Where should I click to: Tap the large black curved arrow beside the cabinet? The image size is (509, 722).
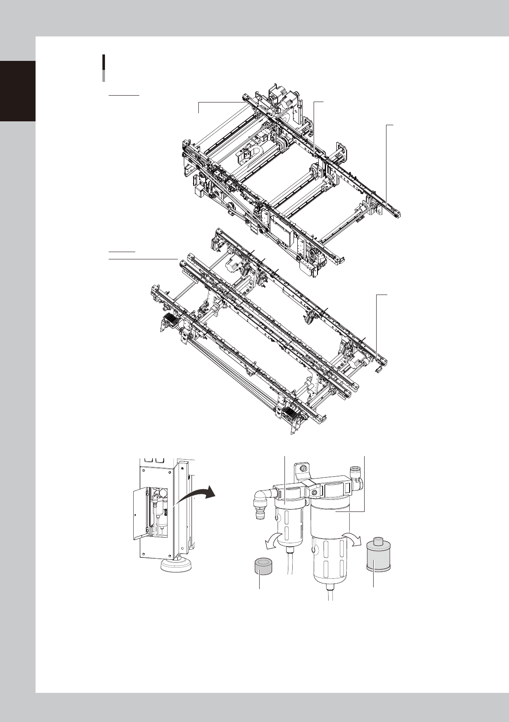tap(196, 496)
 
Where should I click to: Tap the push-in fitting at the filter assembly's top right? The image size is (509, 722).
tap(355, 476)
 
